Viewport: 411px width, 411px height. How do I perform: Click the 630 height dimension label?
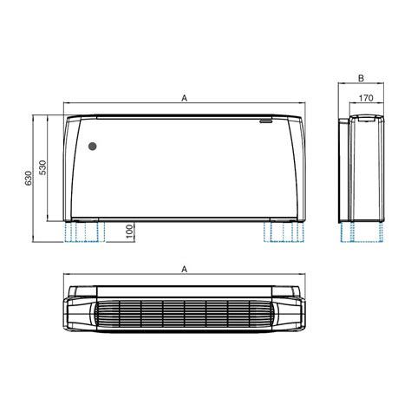(x=28, y=179)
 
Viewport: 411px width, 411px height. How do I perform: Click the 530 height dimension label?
(x=42, y=167)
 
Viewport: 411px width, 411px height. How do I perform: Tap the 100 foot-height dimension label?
(x=130, y=232)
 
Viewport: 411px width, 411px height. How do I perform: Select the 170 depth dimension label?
(x=366, y=98)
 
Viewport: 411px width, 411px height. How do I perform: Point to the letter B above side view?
(x=361, y=78)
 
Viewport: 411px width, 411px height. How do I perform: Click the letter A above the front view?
(x=185, y=98)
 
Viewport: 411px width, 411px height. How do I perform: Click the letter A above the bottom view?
(x=185, y=270)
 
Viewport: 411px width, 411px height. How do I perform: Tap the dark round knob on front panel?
(x=93, y=147)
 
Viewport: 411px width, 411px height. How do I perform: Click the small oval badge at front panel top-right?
(x=265, y=121)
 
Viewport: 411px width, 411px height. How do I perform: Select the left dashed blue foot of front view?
(x=84, y=232)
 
